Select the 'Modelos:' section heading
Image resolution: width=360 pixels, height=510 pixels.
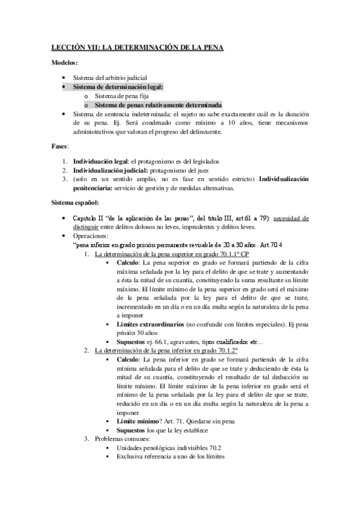tap(64, 63)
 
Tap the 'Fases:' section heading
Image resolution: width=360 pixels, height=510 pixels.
tap(60, 147)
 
